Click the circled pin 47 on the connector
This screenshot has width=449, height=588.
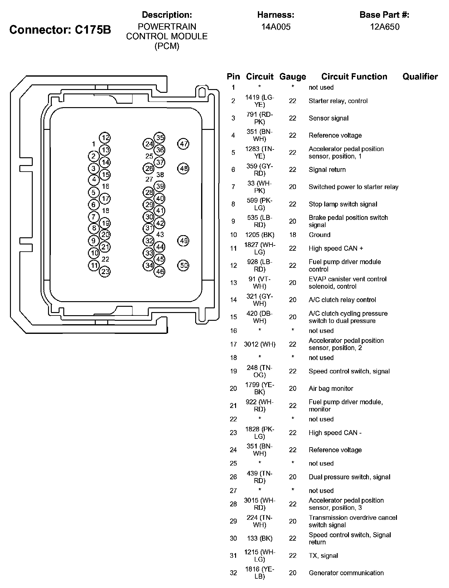[x=184, y=144]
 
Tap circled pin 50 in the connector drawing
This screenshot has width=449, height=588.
[x=184, y=265]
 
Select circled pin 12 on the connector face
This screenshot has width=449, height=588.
[x=105, y=138]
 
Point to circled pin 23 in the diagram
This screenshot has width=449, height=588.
[x=105, y=272]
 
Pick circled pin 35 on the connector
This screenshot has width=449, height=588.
[x=160, y=138]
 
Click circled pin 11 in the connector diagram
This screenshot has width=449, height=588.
[x=94, y=265]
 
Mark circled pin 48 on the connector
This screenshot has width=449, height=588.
[x=184, y=168]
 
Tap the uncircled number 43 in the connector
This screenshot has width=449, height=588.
[x=160, y=235]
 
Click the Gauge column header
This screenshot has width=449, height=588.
[x=292, y=77]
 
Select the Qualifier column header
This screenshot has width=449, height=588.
[x=420, y=77]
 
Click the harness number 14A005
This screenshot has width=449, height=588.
[x=276, y=27]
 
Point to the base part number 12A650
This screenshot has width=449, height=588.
[x=384, y=27]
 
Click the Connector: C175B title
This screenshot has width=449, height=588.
[x=60, y=30]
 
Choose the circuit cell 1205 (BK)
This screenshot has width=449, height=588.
[x=260, y=235]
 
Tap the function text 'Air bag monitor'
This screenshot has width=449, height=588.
[x=331, y=388]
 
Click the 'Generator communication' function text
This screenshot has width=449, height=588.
[x=346, y=573]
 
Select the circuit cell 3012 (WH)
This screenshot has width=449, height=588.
[x=260, y=344]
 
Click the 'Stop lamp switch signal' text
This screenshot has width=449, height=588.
[x=343, y=204]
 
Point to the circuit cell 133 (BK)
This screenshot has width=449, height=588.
[x=260, y=538]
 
